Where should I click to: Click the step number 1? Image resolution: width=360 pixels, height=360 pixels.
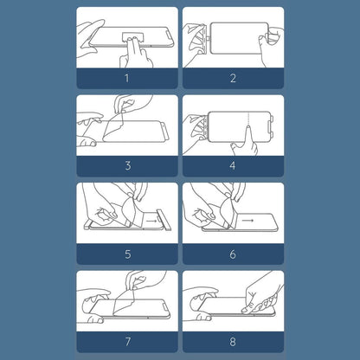pyautogui.click(x=127, y=78)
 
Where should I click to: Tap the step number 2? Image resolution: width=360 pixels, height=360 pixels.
pyautogui.click(x=233, y=78)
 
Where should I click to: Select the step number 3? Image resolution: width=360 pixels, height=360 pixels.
pyautogui.click(x=128, y=166)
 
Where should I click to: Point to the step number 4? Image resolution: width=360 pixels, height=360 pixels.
pyautogui.click(x=233, y=166)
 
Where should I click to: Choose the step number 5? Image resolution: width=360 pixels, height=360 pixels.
pyautogui.click(x=128, y=254)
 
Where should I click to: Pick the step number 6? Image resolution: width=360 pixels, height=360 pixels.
pyautogui.click(x=233, y=254)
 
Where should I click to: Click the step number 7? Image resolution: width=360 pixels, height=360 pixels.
pyautogui.click(x=128, y=342)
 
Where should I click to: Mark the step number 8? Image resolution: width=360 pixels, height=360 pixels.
pyautogui.click(x=233, y=342)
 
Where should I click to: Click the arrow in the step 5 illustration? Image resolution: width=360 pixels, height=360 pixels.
pyautogui.click(x=151, y=221)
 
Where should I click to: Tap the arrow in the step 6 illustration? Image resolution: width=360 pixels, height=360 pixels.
pyautogui.click(x=247, y=221)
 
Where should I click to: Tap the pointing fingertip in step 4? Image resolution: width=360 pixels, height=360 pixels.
pyautogui.click(x=248, y=129)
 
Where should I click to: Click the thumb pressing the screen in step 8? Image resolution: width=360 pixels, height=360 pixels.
pyautogui.click(x=247, y=309)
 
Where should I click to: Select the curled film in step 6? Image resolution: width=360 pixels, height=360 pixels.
pyautogui.click(x=227, y=212)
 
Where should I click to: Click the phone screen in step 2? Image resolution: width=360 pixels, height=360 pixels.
pyautogui.click(x=239, y=38)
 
